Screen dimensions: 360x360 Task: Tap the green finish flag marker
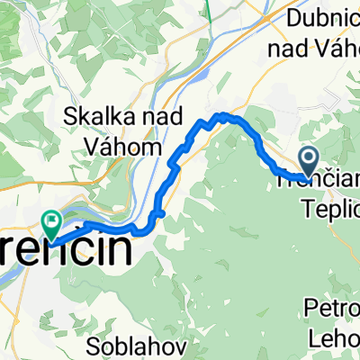[x=51, y=219]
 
